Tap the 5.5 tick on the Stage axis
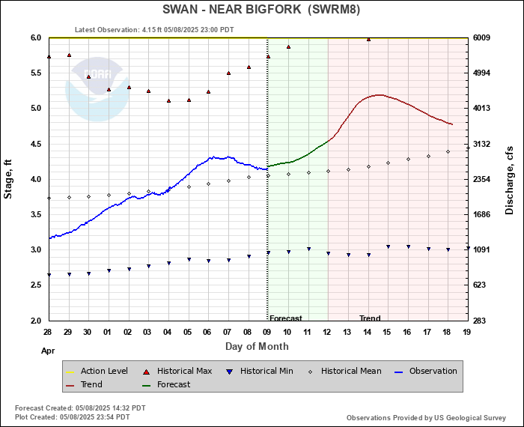click(x=35, y=73)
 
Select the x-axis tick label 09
click(x=268, y=332)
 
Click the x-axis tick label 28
click(x=47, y=332)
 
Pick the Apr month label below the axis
click(x=48, y=350)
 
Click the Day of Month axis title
click(x=257, y=347)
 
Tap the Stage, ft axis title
click(x=8, y=178)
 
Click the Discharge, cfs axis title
click(x=510, y=178)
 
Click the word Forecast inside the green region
click(x=285, y=318)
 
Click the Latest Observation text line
click(x=154, y=30)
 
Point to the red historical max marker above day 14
click(x=368, y=39)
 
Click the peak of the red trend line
click(x=380, y=95)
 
